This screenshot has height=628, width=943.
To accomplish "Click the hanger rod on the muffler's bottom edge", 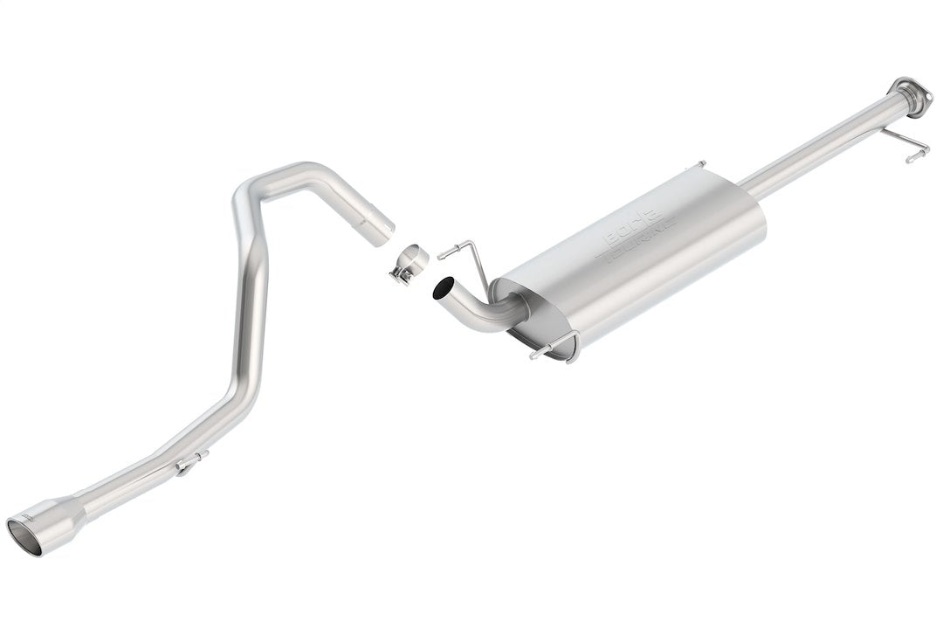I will (554, 349).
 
